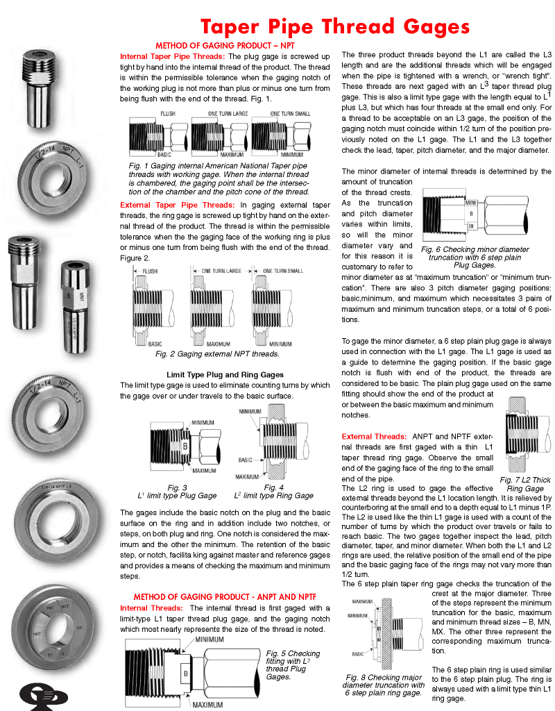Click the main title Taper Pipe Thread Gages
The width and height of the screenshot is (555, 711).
click(334, 27)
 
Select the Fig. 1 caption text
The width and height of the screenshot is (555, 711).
click(219, 179)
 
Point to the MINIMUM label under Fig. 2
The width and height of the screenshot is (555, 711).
click(280, 344)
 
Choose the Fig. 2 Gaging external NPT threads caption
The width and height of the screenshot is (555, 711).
click(216, 354)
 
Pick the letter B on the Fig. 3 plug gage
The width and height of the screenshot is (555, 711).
click(185, 444)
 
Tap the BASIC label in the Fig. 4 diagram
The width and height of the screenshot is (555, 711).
click(246, 460)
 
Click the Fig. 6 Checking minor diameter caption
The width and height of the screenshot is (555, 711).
click(475, 257)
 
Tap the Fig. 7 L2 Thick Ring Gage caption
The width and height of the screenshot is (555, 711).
click(525, 484)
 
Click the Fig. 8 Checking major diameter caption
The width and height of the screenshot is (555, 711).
click(385, 685)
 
